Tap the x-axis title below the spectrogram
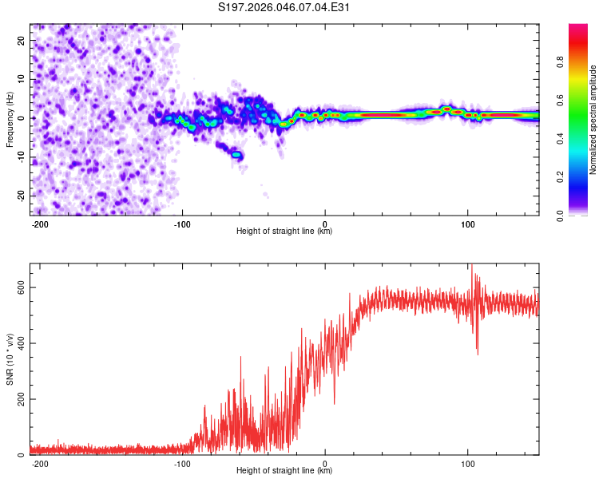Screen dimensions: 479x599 click(x=284, y=232)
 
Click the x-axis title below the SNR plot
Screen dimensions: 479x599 click(x=284, y=471)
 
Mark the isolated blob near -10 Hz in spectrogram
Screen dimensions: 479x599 click(x=237, y=155)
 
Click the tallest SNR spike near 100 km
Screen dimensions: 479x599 click(x=471, y=266)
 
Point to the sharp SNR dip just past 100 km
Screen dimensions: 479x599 click(x=478, y=352)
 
